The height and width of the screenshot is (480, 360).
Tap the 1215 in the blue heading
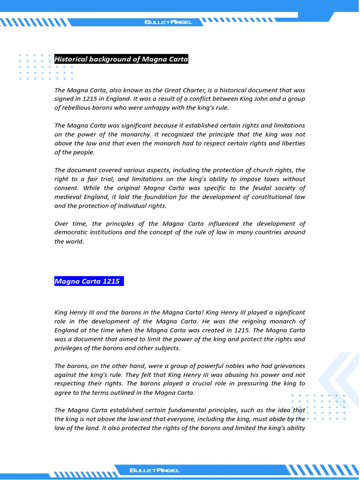click(111, 282)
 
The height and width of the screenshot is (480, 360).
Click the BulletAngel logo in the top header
click(168, 22)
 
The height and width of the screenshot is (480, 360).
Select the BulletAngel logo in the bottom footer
click(154, 470)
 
